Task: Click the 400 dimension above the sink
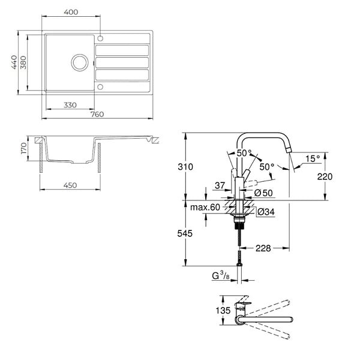tap(71, 12)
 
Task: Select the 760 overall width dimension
tap(97, 114)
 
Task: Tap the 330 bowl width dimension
tap(70, 105)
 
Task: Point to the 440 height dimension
tap(14, 62)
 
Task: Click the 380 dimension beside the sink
tap(23, 62)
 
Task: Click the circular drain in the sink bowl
tap(80, 62)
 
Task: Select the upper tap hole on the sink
tap(100, 38)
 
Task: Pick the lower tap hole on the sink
tap(100, 87)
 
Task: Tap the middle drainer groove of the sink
tap(122, 62)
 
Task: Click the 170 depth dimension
tap(23, 148)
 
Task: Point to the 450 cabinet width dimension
tap(70, 185)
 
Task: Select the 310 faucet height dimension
tap(185, 167)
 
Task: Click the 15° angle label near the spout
tap(313, 158)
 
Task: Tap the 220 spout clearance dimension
tap(325, 176)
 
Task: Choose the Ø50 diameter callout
tap(263, 193)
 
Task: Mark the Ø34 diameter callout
tap(266, 211)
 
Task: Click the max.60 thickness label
tap(205, 208)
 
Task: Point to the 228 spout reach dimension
tap(263, 248)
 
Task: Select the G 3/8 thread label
tap(221, 275)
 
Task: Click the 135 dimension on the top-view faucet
tap(223, 311)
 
